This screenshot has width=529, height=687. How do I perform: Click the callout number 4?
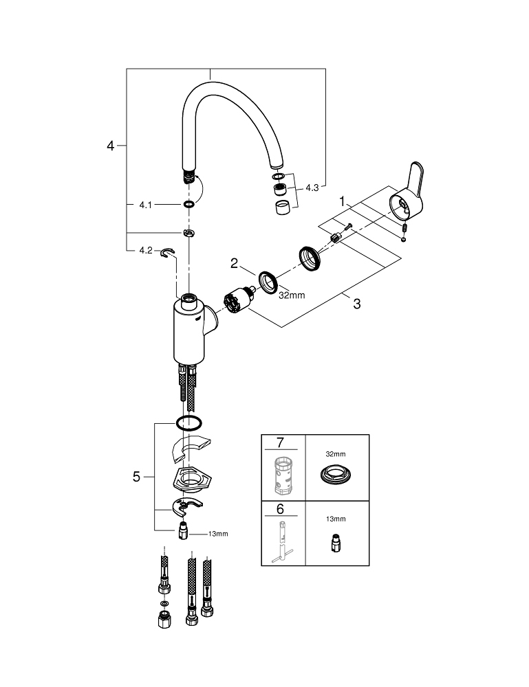[x=111, y=146]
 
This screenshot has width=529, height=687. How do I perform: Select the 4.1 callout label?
[x=145, y=205]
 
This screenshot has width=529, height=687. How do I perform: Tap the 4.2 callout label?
[x=146, y=250]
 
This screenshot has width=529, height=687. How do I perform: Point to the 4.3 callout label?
[x=312, y=188]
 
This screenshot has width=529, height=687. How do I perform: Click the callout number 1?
[x=342, y=201]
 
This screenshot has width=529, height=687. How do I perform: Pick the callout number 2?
[x=235, y=263]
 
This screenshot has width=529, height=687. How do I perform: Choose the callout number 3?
[x=357, y=303]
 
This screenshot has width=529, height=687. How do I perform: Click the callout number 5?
[x=136, y=476]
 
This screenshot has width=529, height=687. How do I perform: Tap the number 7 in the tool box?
[x=280, y=442]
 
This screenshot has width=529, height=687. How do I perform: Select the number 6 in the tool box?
[x=280, y=508]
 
